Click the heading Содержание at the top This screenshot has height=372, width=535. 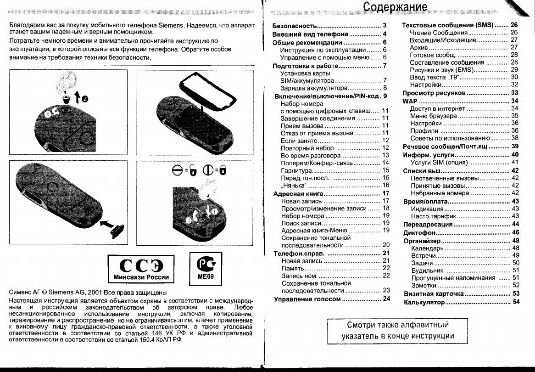coord(395,7)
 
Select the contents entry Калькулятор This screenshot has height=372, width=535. coord(424,302)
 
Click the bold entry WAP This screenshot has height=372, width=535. coord(410,101)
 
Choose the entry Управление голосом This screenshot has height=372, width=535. coord(307,299)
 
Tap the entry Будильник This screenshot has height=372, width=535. coord(427,271)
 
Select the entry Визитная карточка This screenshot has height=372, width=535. coord(434,293)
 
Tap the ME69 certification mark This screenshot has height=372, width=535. coord(202,268)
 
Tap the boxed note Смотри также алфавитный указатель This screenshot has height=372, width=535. coord(397,330)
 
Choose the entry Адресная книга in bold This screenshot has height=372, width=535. coord(296,194)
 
